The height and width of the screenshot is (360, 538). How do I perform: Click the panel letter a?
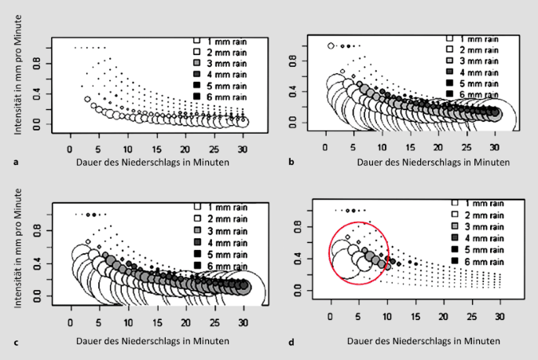point(16,161)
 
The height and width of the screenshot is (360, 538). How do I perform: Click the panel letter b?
point(292,161)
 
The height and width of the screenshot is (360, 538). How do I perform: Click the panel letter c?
point(16,343)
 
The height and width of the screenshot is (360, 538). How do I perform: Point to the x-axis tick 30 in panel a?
point(243,147)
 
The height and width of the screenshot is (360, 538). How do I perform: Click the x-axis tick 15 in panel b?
point(410,147)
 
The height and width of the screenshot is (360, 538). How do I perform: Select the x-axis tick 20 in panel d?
point(443,315)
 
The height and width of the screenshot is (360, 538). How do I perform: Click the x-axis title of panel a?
point(153,162)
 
